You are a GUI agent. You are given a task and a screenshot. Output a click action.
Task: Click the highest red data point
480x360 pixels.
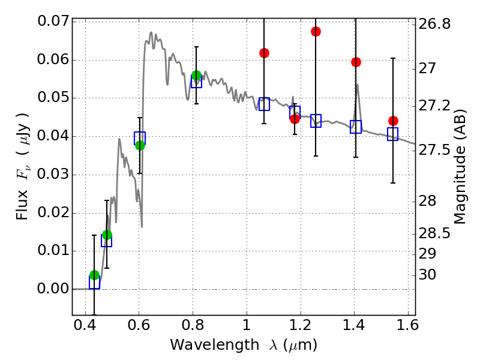[x=316, y=31]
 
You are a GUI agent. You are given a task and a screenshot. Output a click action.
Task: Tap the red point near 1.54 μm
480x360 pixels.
[x=393, y=121]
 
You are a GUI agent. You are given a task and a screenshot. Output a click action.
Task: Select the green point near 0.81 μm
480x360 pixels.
[x=196, y=76]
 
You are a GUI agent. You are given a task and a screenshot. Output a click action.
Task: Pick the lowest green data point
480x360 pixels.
[x=94, y=275]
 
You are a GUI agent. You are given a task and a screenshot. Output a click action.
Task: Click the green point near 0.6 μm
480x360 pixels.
[x=140, y=145]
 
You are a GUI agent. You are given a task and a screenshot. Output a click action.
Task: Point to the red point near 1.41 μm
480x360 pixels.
[x=356, y=62]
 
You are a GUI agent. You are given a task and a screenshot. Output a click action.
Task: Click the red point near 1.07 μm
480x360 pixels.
[x=264, y=53]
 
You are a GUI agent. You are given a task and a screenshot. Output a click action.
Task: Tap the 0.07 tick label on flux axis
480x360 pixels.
[x=53, y=22]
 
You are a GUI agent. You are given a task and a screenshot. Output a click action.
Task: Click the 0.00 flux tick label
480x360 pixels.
[x=53, y=289]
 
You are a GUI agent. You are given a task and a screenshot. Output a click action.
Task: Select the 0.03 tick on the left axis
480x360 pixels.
[x=53, y=175]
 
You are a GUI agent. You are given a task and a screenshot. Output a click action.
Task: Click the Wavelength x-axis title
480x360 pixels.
[x=243, y=345]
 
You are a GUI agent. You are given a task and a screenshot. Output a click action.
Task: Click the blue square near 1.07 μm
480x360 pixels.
[x=264, y=104]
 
